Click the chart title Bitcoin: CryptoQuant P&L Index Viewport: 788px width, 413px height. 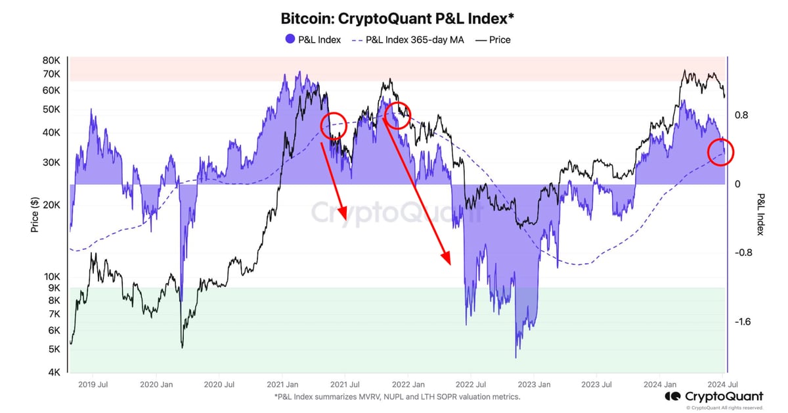(x=393, y=18)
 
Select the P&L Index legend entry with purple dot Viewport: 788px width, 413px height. (x=313, y=39)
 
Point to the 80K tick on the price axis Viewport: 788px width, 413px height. (x=51, y=60)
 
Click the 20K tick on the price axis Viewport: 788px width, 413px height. (x=51, y=205)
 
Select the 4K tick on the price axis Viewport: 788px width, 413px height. (x=53, y=372)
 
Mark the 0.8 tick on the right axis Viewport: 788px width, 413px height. (x=741, y=115)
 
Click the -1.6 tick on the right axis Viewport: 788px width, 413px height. (x=742, y=322)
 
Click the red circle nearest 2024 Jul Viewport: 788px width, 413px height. (x=720, y=152)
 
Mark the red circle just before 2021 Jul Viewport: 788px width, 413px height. (x=334, y=125)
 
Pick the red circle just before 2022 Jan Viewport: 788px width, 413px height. (x=398, y=115)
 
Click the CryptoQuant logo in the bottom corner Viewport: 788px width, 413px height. (x=714, y=396)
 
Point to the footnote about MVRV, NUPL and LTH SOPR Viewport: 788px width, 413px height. (x=398, y=397)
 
